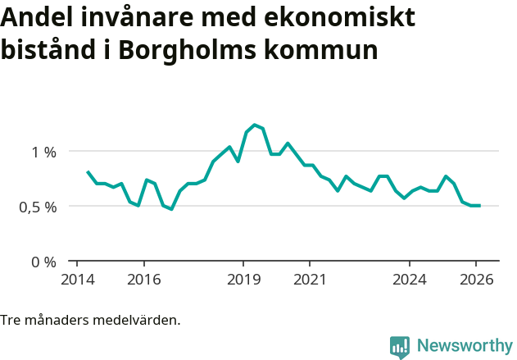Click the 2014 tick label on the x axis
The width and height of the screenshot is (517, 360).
(x=77, y=279)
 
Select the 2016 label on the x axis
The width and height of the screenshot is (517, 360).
(x=143, y=279)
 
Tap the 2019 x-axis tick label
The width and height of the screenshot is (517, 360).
(x=243, y=279)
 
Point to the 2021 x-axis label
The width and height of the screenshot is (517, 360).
(x=310, y=279)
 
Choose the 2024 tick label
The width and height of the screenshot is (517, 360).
(x=410, y=279)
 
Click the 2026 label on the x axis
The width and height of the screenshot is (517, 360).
(x=476, y=279)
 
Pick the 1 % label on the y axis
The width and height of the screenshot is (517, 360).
(x=44, y=152)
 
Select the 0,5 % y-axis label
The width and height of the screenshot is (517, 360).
(x=39, y=207)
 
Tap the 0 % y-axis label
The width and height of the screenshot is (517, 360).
(x=44, y=262)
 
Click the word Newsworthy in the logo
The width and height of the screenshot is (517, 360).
(x=465, y=346)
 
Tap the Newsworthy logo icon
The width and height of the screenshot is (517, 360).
(x=400, y=347)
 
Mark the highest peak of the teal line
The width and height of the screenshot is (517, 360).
(x=255, y=125)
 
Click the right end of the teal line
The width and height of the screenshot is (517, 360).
(x=479, y=206)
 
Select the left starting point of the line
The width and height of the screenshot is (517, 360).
(x=87, y=171)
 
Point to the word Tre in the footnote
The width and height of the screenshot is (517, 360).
(x=11, y=320)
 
